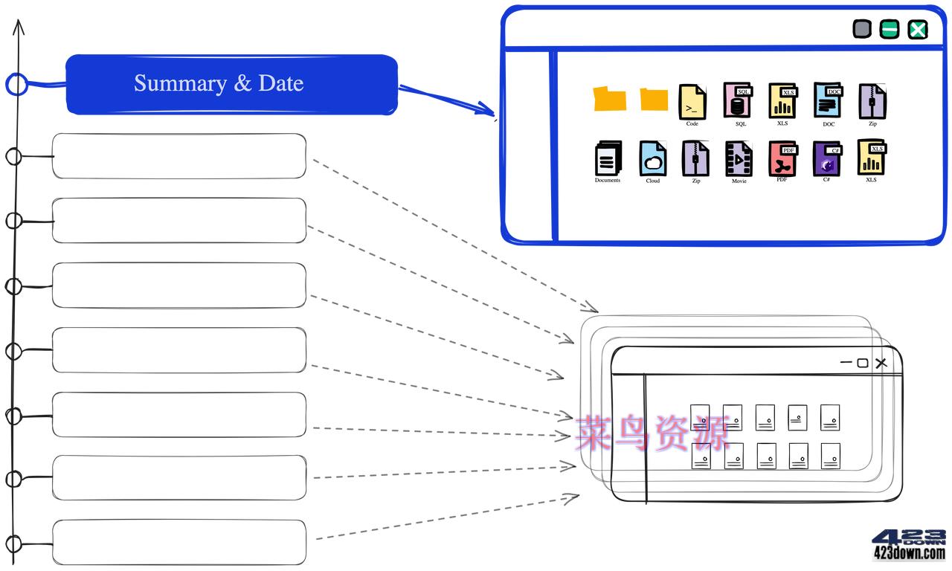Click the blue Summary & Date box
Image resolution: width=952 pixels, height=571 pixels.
(x=231, y=84)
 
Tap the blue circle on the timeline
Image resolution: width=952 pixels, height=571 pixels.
(x=16, y=84)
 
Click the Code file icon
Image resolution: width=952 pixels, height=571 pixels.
(x=692, y=102)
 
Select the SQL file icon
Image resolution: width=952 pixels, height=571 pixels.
(x=738, y=101)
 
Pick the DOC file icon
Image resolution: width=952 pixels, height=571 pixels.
(x=828, y=101)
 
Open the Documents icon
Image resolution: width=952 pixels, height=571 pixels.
(x=608, y=158)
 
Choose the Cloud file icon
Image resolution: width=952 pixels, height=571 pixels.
(x=652, y=158)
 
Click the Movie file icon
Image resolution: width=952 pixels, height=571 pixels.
(x=739, y=159)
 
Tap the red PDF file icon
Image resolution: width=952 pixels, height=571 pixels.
(x=782, y=159)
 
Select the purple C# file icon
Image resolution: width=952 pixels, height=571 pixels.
(x=827, y=159)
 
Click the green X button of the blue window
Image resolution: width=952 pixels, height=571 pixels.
(x=919, y=29)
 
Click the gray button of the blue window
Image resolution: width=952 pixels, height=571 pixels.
(x=861, y=29)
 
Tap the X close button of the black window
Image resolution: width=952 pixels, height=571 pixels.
(x=881, y=363)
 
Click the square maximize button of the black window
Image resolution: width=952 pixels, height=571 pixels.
(x=863, y=363)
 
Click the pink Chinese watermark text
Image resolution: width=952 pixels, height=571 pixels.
(x=652, y=433)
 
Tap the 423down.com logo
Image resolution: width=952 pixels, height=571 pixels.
(x=908, y=545)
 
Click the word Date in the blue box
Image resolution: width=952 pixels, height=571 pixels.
(x=281, y=83)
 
